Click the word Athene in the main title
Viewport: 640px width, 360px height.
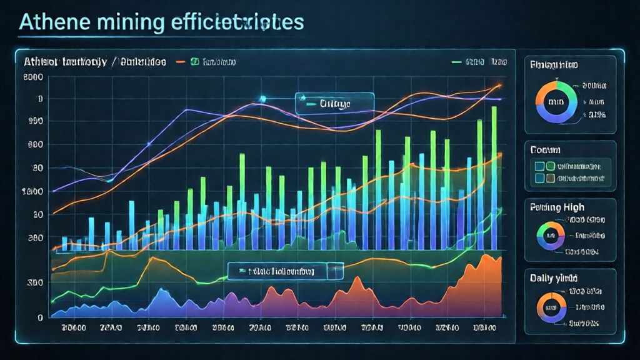click(x=54, y=22)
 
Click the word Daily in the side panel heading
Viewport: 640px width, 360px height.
click(x=541, y=277)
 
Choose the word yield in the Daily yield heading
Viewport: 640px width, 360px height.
click(x=566, y=278)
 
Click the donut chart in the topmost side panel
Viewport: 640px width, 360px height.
click(x=555, y=101)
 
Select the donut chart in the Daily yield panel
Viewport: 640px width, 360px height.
click(x=552, y=307)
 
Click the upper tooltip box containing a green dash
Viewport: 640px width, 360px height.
click(x=334, y=102)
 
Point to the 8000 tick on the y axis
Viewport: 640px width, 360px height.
click(x=32, y=77)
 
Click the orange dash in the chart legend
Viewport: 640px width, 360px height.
click(x=181, y=62)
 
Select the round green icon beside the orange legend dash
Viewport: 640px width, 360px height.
click(x=194, y=62)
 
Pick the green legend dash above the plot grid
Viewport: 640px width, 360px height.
click(x=456, y=62)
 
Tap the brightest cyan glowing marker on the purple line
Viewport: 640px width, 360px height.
click(x=262, y=99)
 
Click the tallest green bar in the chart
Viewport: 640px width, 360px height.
click(x=494, y=178)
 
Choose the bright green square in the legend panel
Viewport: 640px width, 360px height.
click(x=551, y=166)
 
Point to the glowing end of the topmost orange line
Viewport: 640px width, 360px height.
click(x=499, y=86)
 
